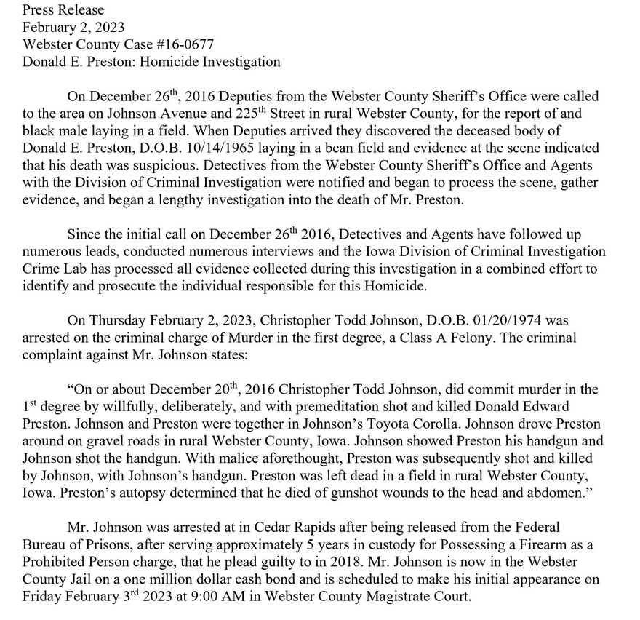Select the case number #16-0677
pos(162,45)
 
